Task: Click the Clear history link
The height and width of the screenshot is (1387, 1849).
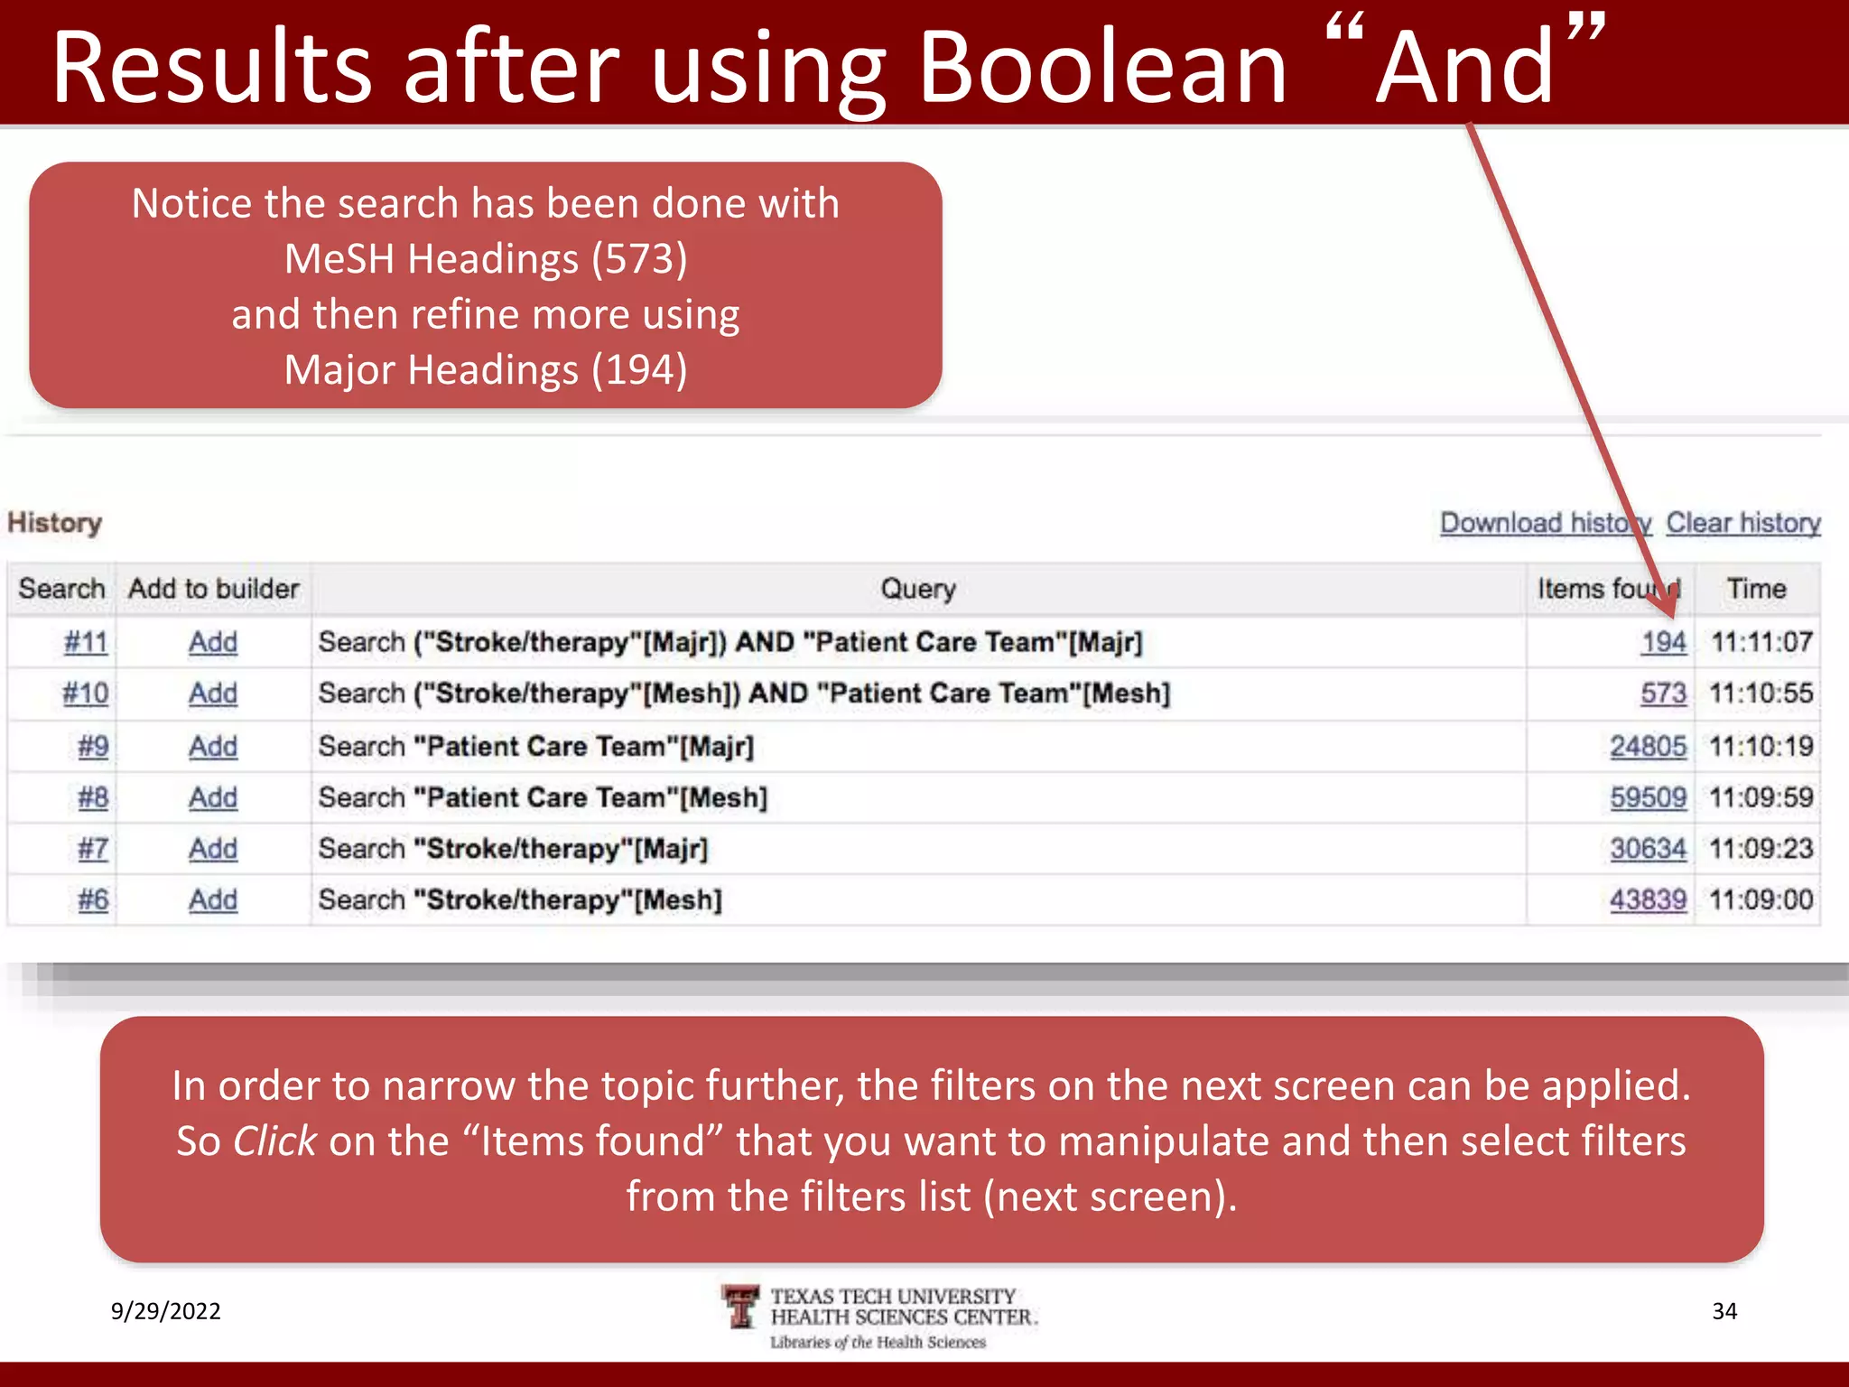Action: tap(1742, 523)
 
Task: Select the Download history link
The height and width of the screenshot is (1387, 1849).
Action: tap(1545, 523)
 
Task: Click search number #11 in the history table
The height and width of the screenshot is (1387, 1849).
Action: tap(86, 642)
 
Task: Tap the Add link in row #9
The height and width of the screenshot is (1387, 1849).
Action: tap(213, 747)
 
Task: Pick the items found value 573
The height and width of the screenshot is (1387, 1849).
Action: tap(1663, 693)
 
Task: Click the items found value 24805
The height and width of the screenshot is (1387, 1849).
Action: tap(1648, 747)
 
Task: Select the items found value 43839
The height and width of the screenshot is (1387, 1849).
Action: tap(1648, 899)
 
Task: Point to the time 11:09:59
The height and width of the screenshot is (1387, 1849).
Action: tap(1761, 797)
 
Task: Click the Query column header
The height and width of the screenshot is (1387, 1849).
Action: tap(918, 589)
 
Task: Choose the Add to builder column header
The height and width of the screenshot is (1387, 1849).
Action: tap(213, 589)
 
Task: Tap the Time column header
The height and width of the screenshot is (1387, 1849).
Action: tap(1756, 589)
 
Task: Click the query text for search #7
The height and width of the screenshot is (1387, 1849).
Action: tap(513, 849)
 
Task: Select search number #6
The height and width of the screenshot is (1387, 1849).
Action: tap(93, 899)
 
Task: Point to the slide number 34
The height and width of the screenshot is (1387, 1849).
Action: tap(1724, 1311)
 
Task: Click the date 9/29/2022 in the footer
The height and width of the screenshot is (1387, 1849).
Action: tap(165, 1311)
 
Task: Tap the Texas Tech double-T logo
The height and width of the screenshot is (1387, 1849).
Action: tap(741, 1307)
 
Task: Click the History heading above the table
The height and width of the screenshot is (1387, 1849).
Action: tap(54, 523)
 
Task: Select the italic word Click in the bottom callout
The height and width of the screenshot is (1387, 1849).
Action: tap(274, 1141)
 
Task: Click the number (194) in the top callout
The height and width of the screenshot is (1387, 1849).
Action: tap(639, 370)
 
